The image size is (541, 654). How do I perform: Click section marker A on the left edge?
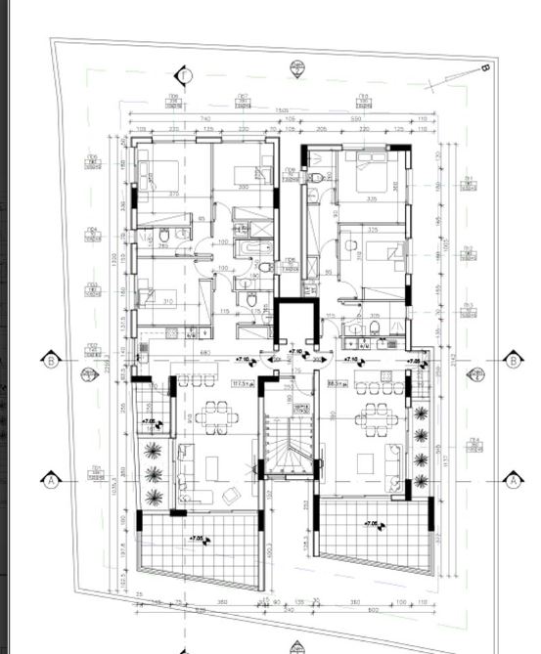(50, 480)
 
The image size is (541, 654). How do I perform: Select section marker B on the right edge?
(513, 360)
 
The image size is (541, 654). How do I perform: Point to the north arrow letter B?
(484, 68)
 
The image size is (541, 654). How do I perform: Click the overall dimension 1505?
(280, 109)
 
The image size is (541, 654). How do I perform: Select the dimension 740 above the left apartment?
(204, 118)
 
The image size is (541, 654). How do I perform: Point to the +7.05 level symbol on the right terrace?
(371, 525)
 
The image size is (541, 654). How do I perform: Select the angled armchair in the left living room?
(233, 496)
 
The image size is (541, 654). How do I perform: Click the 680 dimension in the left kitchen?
(206, 352)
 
